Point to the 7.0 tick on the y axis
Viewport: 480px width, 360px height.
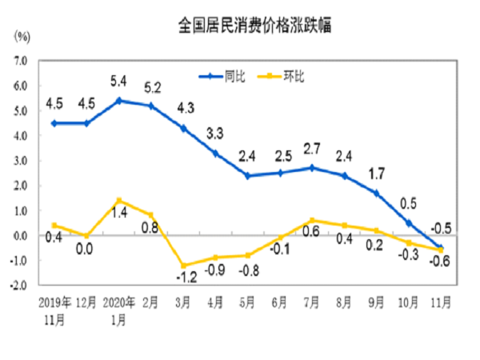click(21, 60)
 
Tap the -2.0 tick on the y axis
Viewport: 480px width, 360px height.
click(19, 285)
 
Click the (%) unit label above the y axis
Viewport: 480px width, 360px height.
click(22, 37)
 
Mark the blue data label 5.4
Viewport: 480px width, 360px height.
click(118, 81)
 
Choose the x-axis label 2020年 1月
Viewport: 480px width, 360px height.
click(118, 311)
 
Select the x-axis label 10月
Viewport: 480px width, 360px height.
click(408, 304)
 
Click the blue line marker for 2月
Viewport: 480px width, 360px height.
click(151, 106)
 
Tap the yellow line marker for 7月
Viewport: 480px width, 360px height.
click(313, 220)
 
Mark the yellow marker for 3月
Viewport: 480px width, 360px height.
click(184, 266)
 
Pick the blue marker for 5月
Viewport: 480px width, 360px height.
click(249, 175)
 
